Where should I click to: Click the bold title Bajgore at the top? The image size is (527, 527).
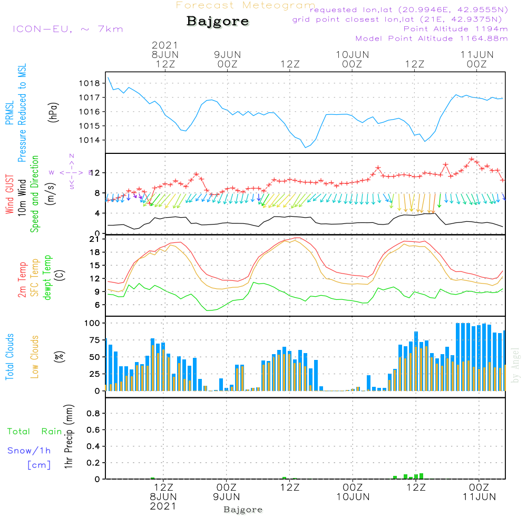[x=218, y=22]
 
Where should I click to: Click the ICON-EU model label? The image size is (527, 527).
[x=67, y=29]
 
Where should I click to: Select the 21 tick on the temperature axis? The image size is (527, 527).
[x=95, y=239]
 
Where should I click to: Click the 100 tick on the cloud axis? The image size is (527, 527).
[x=92, y=323]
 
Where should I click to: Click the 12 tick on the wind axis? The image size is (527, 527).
[x=94, y=173]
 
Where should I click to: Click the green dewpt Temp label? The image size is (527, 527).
[x=48, y=277]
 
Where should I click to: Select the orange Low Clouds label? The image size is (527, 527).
[x=35, y=356]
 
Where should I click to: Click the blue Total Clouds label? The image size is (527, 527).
[x=9, y=357]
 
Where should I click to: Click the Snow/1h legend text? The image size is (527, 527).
[x=30, y=451]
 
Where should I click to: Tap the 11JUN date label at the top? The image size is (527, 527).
[x=477, y=54]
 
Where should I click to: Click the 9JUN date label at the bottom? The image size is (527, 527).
[x=227, y=496]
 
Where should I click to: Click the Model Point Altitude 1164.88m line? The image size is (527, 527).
[x=432, y=38]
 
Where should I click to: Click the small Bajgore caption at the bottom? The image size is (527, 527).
[x=243, y=510]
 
